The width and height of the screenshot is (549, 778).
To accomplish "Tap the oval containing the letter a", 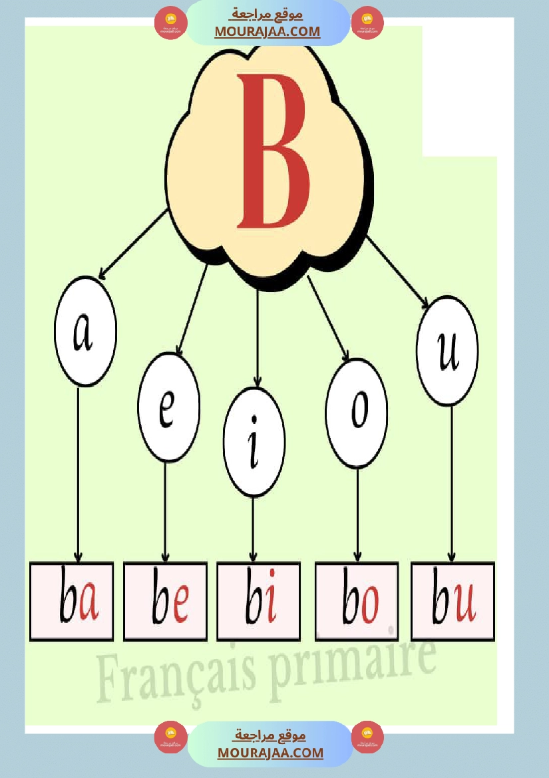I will [85, 331].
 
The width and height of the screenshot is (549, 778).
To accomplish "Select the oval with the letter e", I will [168, 407].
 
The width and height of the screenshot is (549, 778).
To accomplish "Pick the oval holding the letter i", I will [254, 442].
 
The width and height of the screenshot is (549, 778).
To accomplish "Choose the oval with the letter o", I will [357, 413].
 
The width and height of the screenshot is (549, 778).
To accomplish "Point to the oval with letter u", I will [447, 351].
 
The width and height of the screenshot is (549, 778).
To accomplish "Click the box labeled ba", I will [71, 602].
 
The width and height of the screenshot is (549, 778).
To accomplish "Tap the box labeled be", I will [165, 602].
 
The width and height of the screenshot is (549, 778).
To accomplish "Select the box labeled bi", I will [258, 602].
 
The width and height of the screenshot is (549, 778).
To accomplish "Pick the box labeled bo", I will [357, 602].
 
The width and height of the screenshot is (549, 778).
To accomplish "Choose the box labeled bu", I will [453, 602].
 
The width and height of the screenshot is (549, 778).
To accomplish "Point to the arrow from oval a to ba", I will [79, 473].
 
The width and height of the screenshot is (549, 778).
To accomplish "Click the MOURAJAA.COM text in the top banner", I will [268, 31].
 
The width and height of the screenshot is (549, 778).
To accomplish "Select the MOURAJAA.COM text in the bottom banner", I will [270, 753].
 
